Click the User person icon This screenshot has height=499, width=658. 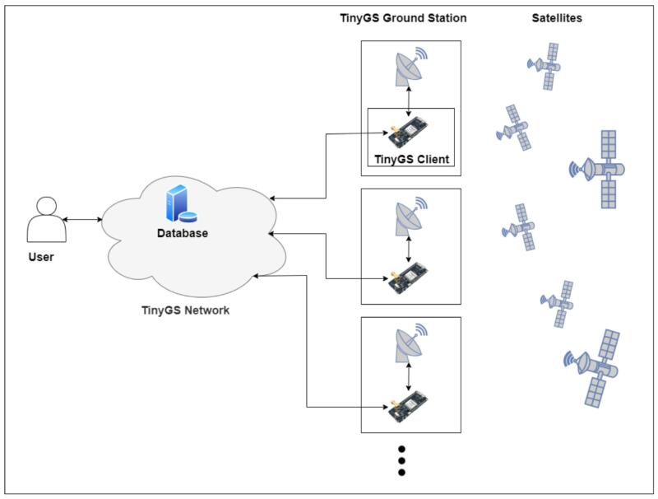43,220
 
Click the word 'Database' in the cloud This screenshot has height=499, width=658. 183,234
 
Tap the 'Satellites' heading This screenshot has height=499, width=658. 557,17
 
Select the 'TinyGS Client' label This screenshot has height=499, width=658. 412,160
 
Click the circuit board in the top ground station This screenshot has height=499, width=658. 410,132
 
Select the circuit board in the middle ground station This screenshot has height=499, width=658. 410,277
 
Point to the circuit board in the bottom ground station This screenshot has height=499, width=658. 410,407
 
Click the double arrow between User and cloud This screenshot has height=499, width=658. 82,219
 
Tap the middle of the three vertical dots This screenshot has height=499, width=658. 401,461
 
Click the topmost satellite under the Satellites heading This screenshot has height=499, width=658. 545,66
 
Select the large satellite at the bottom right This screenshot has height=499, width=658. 594,368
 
